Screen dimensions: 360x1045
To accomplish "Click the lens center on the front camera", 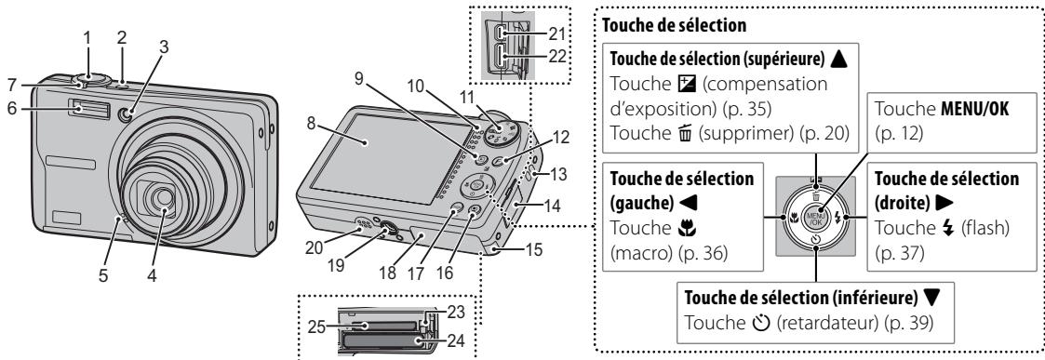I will (165, 196).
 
